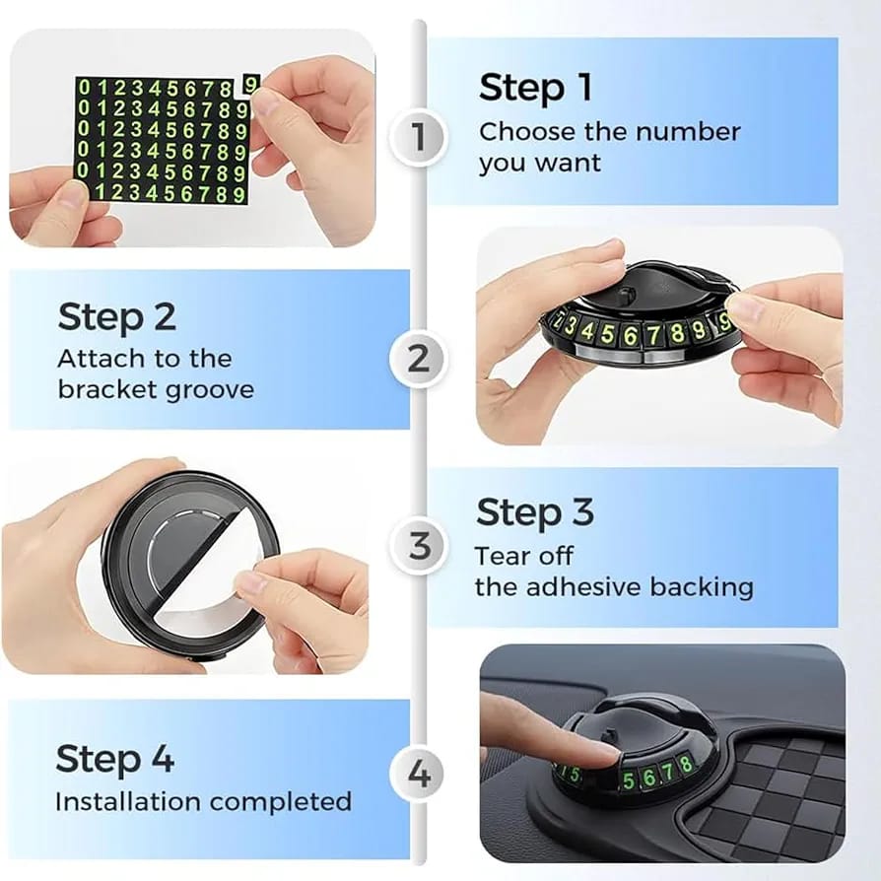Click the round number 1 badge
(418, 137)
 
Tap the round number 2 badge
(418, 360)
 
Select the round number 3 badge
(419, 546)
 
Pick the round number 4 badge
(419, 775)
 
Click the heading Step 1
(535, 89)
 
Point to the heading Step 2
(117, 317)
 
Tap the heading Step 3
(535, 512)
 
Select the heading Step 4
(115, 759)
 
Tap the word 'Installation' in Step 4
(128, 802)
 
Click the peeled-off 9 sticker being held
(251, 84)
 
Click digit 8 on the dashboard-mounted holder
(685, 764)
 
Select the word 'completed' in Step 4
(281, 803)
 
